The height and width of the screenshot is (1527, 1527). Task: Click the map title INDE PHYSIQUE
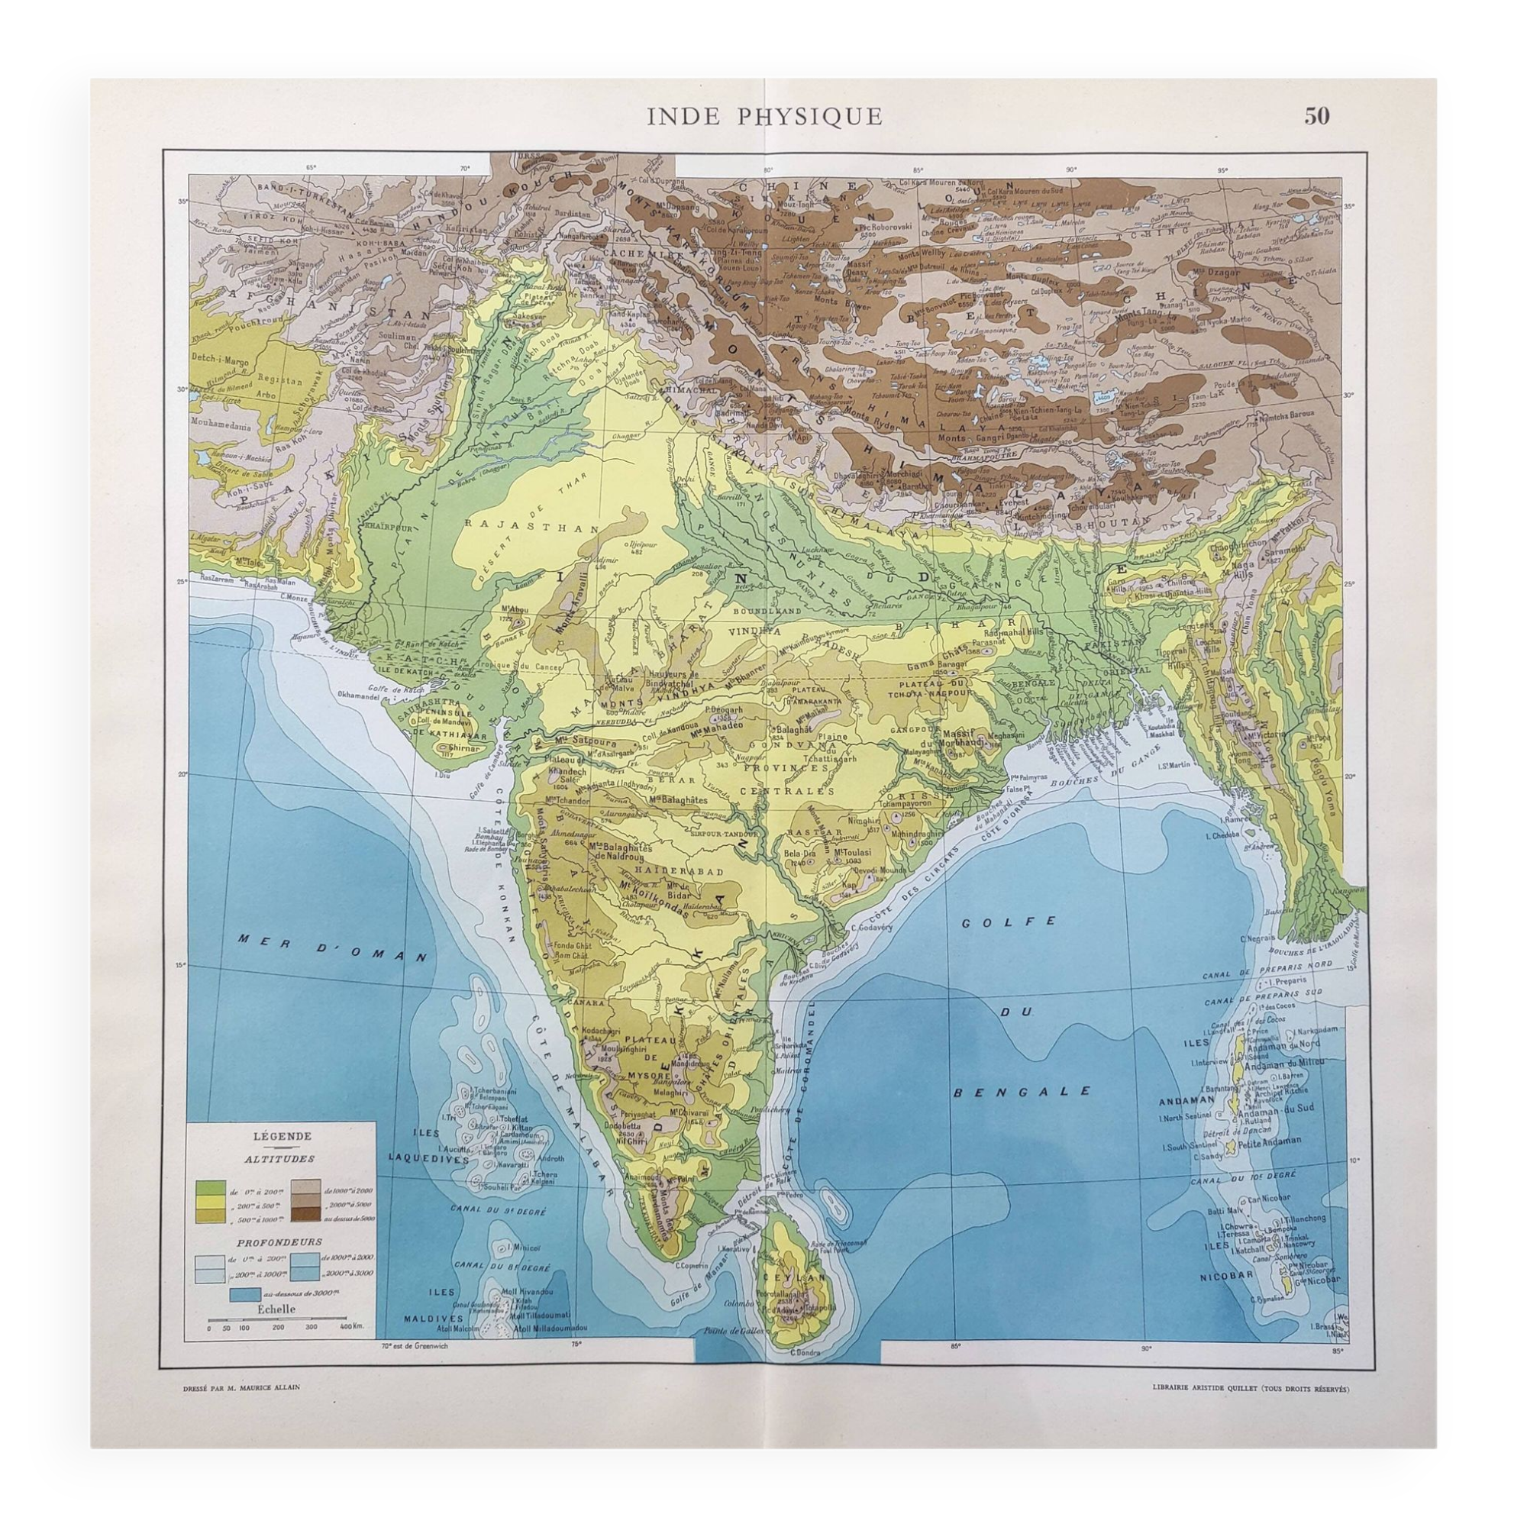(764, 117)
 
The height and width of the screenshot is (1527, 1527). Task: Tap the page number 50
(1317, 116)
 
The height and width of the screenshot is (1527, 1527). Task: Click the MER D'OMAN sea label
(331, 947)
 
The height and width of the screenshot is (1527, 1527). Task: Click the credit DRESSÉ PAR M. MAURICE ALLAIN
(241, 1409)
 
